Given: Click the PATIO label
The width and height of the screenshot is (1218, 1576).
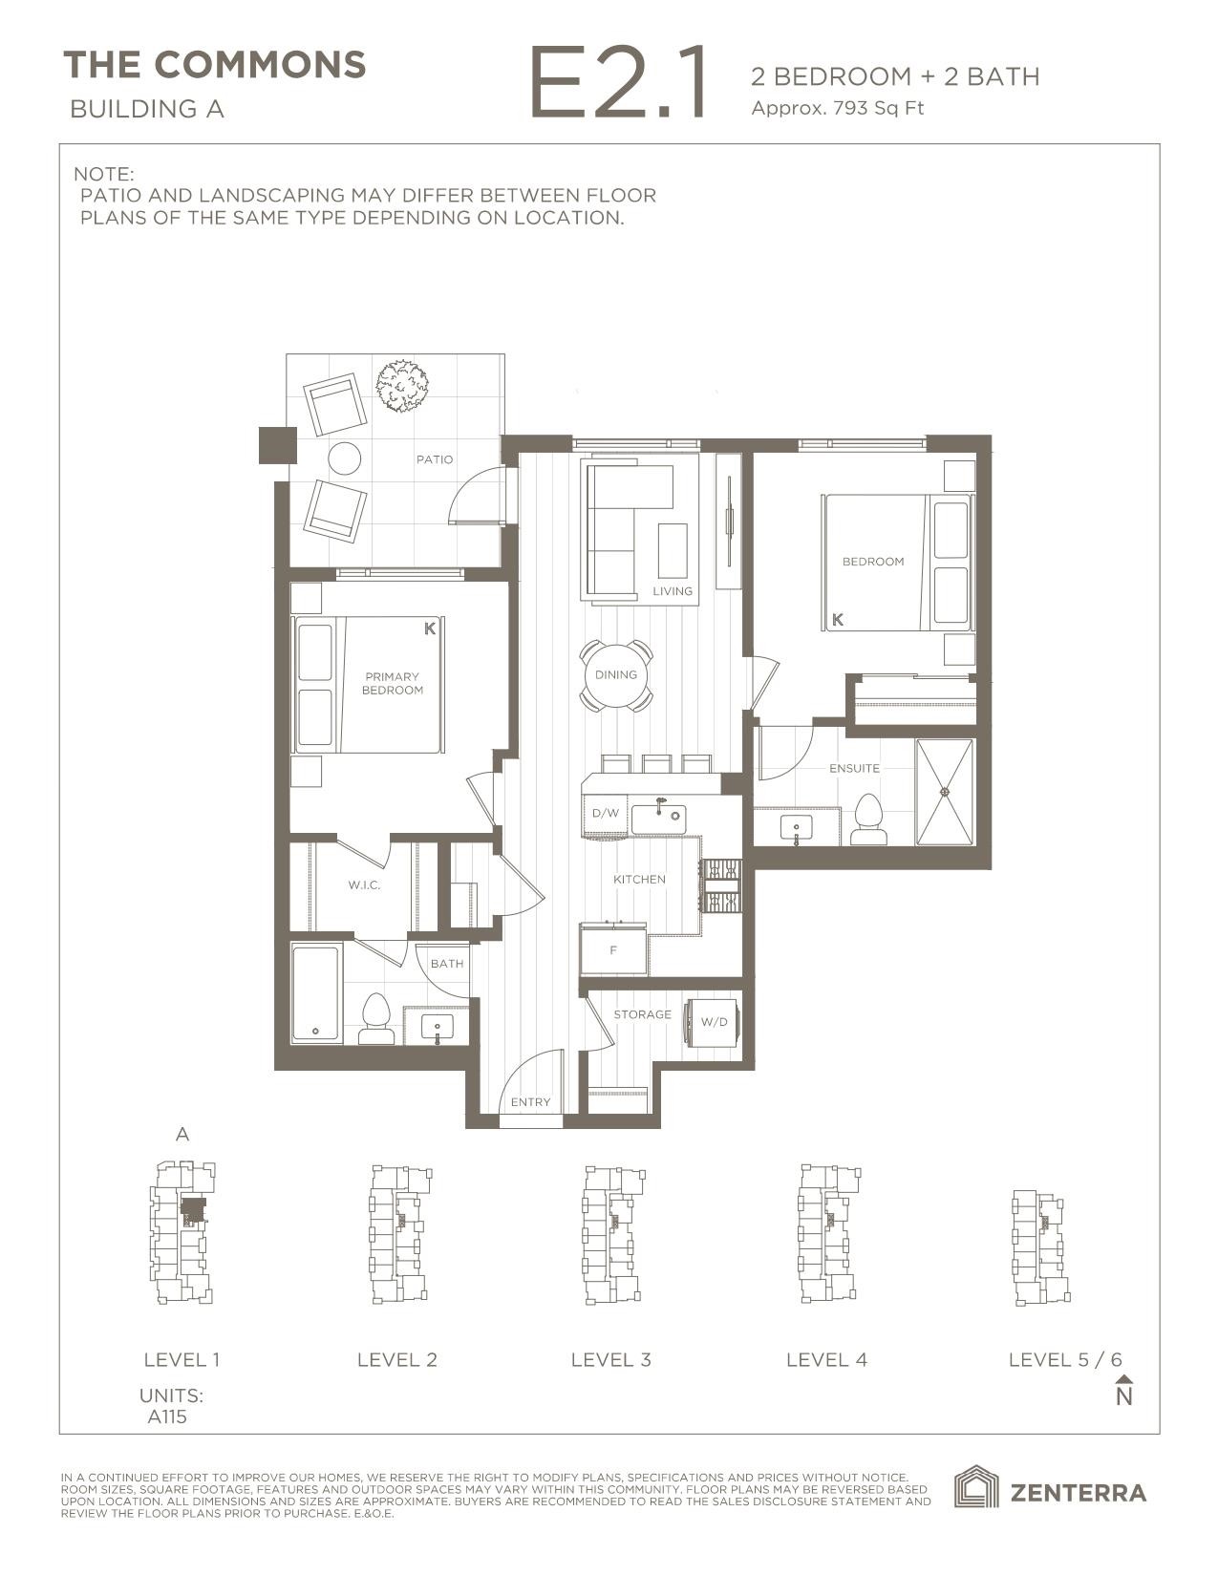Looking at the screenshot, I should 434,459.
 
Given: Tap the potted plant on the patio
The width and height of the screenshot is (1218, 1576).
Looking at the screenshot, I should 401,386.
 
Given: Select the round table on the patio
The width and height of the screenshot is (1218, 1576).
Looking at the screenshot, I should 344,459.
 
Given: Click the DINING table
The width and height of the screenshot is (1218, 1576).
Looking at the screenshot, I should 616,675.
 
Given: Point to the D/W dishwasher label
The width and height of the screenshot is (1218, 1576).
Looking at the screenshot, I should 605,814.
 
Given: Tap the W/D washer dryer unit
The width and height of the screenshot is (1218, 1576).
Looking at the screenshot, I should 714,1022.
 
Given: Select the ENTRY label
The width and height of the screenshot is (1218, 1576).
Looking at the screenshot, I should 530,1102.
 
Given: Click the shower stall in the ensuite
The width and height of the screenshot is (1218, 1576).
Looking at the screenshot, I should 945,791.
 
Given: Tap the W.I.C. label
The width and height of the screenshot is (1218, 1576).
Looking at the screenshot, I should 364,885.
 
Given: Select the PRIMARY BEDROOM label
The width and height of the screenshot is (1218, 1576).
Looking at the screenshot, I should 392,683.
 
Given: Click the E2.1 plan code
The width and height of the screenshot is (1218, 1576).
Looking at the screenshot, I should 617,85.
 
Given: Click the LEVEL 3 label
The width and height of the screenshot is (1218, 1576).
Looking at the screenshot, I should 610,1359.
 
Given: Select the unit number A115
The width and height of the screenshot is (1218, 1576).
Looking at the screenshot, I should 167,1416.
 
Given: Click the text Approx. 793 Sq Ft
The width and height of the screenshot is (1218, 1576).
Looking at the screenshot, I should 837,108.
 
